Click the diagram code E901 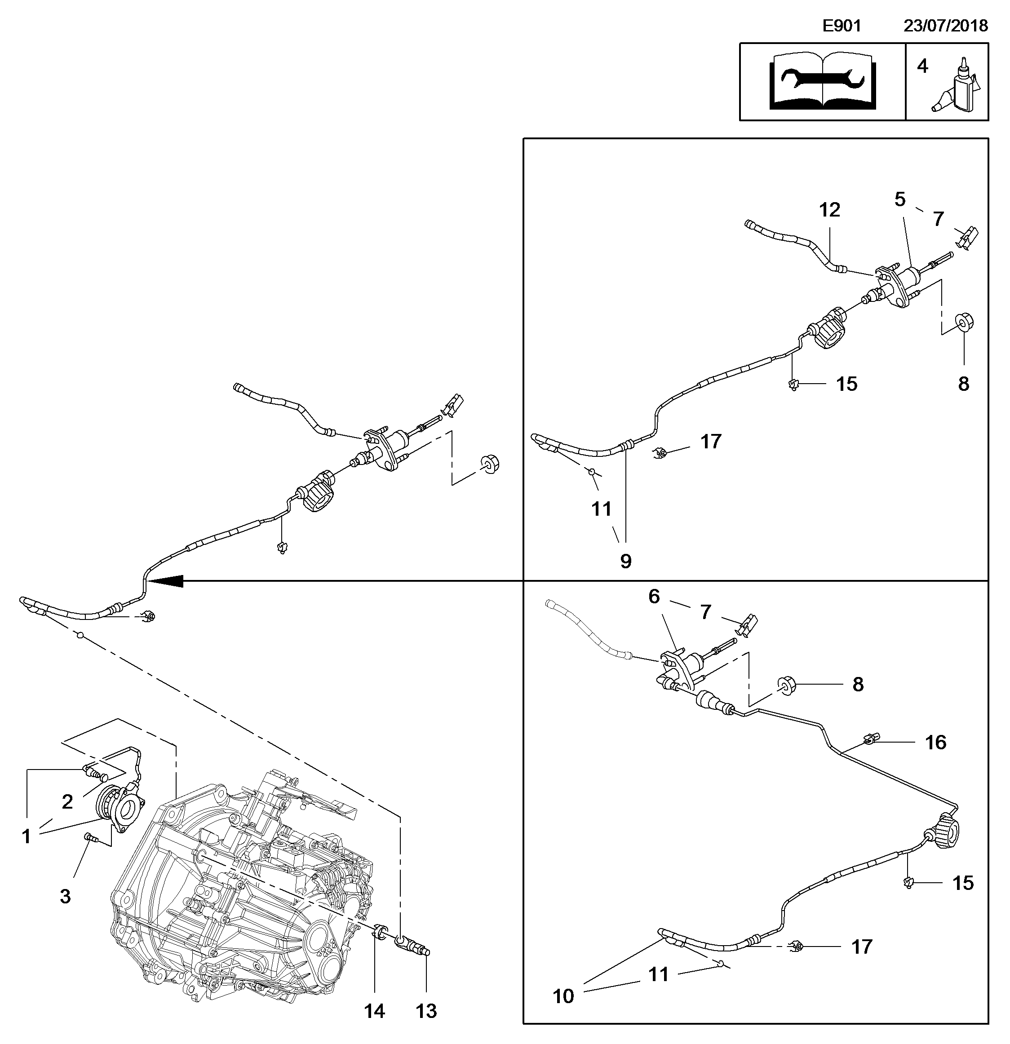click(x=842, y=26)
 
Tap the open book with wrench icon click(x=823, y=81)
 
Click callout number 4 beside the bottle click(x=922, y=66)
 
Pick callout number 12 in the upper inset click(x=829, y=210)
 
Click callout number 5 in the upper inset click(x=900, y=200)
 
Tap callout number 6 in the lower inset click(x=654, y=596)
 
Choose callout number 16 click(x=935, y=742)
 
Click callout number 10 click(x=563, y=995)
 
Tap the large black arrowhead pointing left click(x=169, y=581)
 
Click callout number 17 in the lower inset click(x=862, y=947)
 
